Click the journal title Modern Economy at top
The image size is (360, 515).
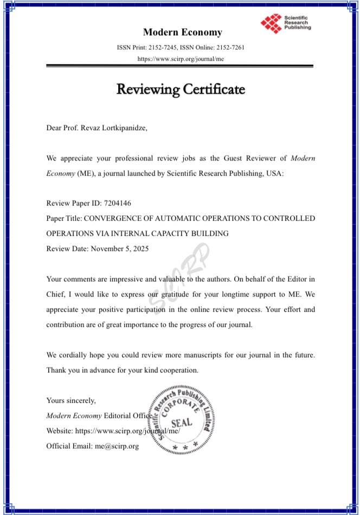182,32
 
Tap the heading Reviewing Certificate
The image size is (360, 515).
180,88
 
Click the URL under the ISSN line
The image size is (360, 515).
180,58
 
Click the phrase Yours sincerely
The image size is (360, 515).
71,401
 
